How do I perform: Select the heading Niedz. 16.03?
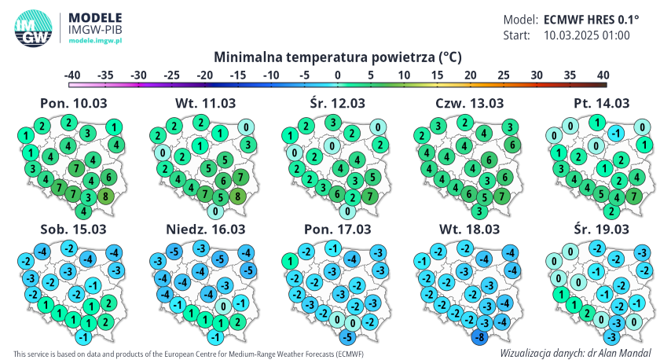[204, 229]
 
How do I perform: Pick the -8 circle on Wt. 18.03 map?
[478, 338]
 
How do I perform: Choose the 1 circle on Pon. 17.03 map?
[288, 261]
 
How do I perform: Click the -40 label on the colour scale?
[72, 75]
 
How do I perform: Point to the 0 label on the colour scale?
[337, 75]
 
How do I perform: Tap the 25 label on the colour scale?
[503, 75]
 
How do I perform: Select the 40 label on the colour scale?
[603, 75]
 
